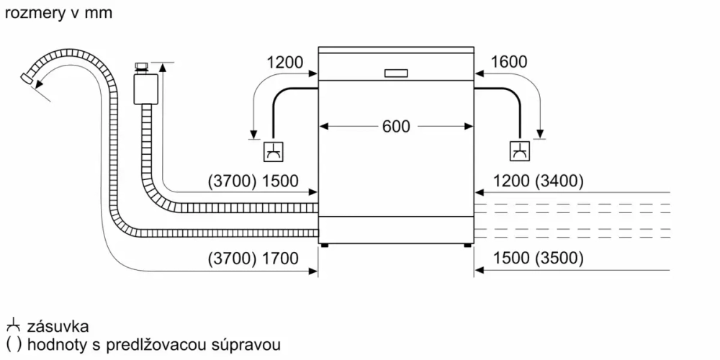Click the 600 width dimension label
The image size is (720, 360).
point(395,127)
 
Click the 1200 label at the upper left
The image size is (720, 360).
point(284,63)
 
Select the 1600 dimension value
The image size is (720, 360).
point(508,63)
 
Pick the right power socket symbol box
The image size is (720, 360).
point(519,152)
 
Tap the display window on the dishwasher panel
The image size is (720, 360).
point(396,73)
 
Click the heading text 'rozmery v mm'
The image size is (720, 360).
point(58,13)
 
